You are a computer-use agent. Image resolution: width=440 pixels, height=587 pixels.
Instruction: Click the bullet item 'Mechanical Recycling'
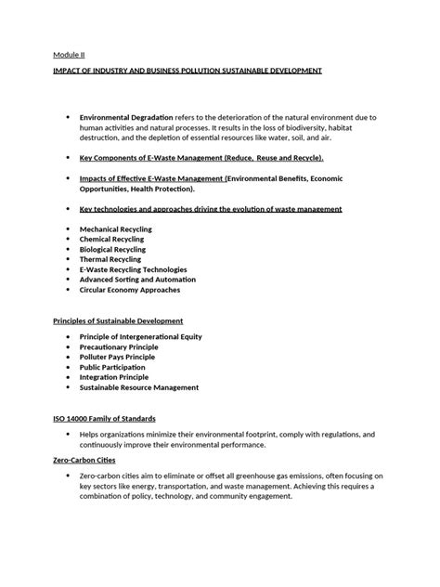click(116, 228)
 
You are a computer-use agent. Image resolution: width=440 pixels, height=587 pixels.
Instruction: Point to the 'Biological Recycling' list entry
click(113, 249)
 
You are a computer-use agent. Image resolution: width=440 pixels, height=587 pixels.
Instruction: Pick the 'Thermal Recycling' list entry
click(110, 259)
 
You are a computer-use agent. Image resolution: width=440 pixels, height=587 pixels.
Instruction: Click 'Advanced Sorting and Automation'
click(137, 280)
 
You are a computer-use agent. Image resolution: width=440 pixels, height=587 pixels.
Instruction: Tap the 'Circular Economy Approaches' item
click(131, 290)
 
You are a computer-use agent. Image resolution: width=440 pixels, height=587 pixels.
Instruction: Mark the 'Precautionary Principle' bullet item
click(118, 346)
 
